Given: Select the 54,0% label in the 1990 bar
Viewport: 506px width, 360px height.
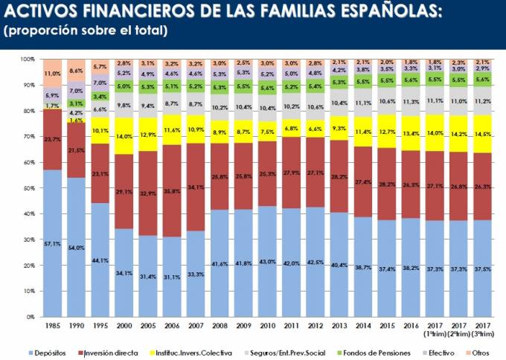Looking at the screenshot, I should pos(76,247).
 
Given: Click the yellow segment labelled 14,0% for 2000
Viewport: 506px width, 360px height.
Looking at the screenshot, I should pos(124,136).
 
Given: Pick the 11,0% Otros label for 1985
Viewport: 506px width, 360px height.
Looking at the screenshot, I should pos(52,74).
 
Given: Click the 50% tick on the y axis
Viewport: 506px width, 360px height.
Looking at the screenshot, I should pos(29,188).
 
